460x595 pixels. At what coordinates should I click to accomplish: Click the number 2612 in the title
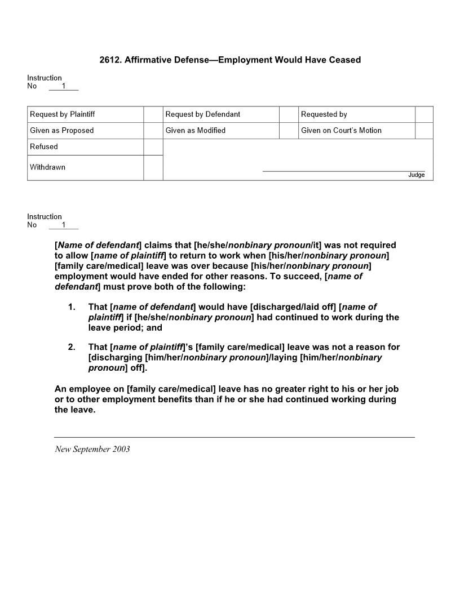coord(109,60)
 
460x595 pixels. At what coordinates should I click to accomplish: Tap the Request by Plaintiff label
coord(62,114)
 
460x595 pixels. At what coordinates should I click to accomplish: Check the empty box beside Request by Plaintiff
coord(153,114)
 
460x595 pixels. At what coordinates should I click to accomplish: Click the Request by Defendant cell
coord(203,114)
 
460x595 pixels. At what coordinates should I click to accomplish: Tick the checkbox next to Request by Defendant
coord(289,114)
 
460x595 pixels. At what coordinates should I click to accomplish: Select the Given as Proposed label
coord(62,131)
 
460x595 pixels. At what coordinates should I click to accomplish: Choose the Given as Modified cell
coord(196,131)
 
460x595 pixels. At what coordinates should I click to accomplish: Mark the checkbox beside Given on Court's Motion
coord(424,131)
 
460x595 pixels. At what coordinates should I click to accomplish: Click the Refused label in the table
coord(44,147)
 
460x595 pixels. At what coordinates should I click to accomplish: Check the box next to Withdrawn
coord(153,168)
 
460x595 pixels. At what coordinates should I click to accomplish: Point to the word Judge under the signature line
coord(416,175)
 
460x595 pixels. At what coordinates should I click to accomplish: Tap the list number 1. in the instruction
coord(72,307)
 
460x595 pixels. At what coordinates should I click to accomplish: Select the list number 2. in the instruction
coord(72,347)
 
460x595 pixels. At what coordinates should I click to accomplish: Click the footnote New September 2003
coord(92,449)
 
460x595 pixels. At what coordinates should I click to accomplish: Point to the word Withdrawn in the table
coord(47,167)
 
